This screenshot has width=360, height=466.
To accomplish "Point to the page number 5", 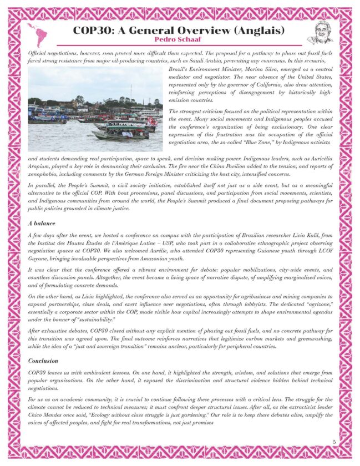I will [334, 442].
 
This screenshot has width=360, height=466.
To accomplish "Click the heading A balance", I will [42, 222].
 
